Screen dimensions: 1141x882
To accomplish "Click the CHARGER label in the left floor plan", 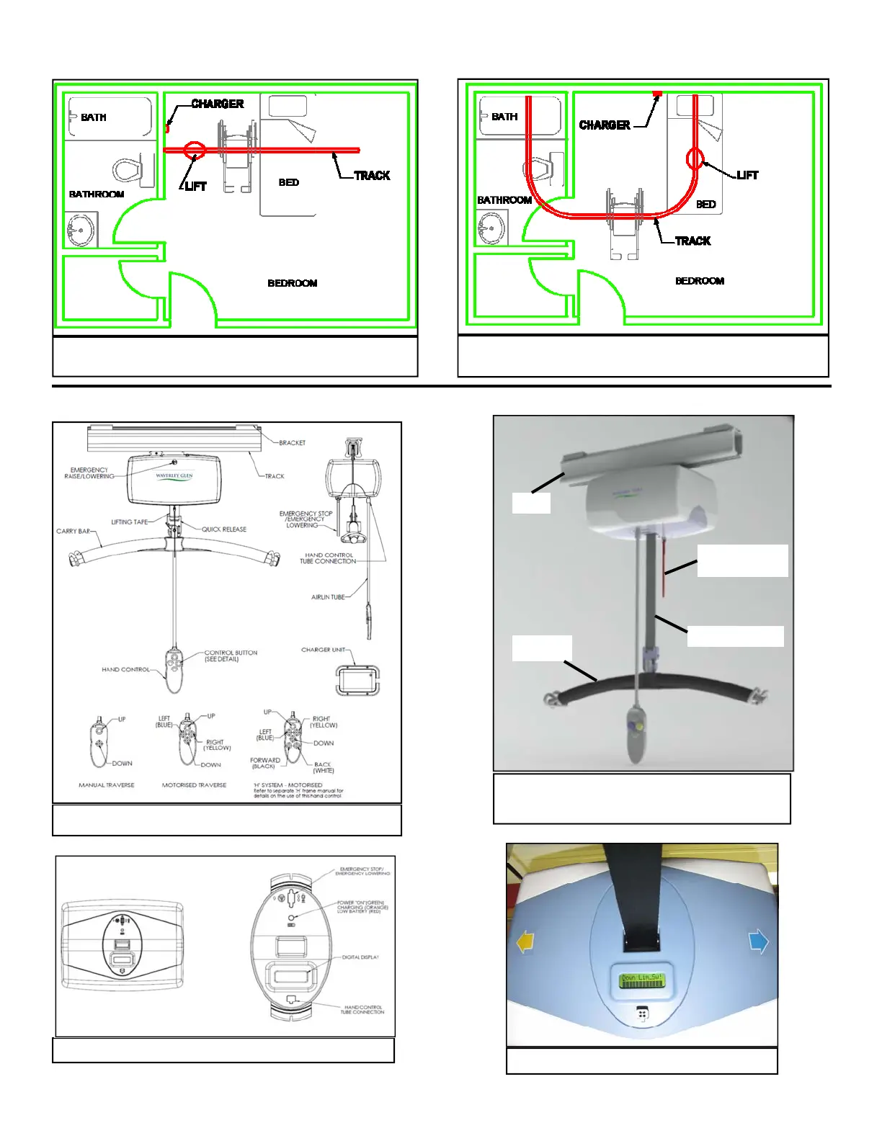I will coord(217,104).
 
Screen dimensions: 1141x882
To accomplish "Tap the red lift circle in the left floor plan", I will coord(195,150).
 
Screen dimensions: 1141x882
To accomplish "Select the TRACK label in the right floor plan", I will coord(692,241).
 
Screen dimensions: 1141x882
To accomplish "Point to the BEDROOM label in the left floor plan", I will coord(292,283).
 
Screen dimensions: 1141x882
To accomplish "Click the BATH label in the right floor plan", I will coord(504,117).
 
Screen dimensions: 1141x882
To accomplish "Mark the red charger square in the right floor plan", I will coord(656,94).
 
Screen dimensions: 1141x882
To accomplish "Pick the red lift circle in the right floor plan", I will coord(695,158).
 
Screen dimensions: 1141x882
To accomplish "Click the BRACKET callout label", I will coord(292,443).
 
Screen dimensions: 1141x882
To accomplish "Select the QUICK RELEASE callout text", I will coord(223,529).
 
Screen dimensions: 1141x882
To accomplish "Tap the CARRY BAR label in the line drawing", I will coord(73,531).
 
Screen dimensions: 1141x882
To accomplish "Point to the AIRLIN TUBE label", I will coord(328,597).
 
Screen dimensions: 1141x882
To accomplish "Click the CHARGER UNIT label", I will coord(323,650).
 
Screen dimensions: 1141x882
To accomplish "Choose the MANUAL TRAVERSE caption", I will coord(106,785).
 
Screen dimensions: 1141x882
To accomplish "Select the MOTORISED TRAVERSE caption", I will coord(194,785).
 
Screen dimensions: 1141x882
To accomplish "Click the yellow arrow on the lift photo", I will coord(526,942).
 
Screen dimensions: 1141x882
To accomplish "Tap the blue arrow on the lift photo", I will coord(759,941).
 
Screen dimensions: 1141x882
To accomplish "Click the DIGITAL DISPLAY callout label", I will coord(360,957).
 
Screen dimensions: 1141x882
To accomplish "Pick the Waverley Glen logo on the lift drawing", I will coord(174,476).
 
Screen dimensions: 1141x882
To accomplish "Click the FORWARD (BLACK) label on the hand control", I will coord(265,763).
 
